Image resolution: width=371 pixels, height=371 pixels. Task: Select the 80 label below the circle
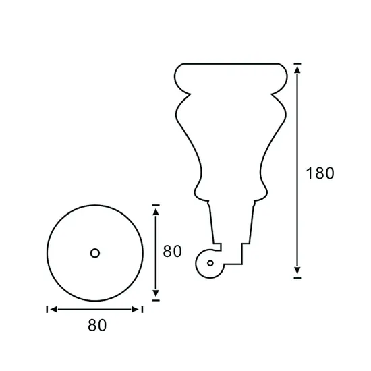point(97,325)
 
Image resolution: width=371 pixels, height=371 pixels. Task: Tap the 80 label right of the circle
point(173,252)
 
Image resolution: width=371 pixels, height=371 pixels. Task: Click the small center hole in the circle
point(95,252)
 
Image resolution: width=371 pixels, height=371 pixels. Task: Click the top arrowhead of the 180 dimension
point(297,69)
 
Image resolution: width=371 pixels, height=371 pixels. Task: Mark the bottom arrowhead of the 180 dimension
point(297,270)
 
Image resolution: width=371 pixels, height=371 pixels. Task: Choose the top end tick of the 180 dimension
point(297,65)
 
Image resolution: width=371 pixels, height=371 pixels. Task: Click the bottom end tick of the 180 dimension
point(297,276)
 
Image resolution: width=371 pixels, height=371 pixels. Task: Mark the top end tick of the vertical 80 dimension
point(156,204)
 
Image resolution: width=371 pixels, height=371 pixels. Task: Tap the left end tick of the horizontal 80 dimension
point(47,310)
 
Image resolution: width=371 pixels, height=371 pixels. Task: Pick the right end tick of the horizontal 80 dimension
point(143,310)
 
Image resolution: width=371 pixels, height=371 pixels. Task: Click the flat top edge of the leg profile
point(230,65)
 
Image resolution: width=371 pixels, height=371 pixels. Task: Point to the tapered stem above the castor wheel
point(233,223)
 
